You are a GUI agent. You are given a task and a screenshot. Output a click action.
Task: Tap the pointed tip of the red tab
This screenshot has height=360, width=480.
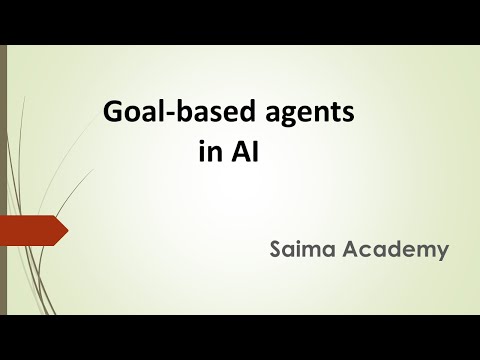66,233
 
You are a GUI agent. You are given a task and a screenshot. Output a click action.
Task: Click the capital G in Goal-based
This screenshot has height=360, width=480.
113,113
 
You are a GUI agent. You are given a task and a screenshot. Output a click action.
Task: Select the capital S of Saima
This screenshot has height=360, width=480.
275,249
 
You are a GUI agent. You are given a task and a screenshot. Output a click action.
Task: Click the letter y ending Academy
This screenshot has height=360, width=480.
441,252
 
